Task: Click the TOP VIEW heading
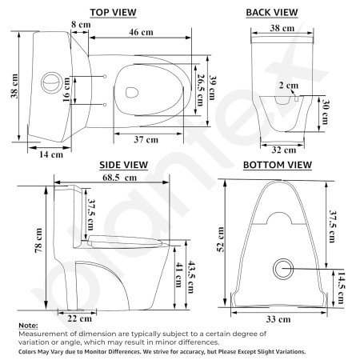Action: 113,12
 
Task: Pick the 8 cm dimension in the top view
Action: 79,26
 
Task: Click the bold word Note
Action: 27,326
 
